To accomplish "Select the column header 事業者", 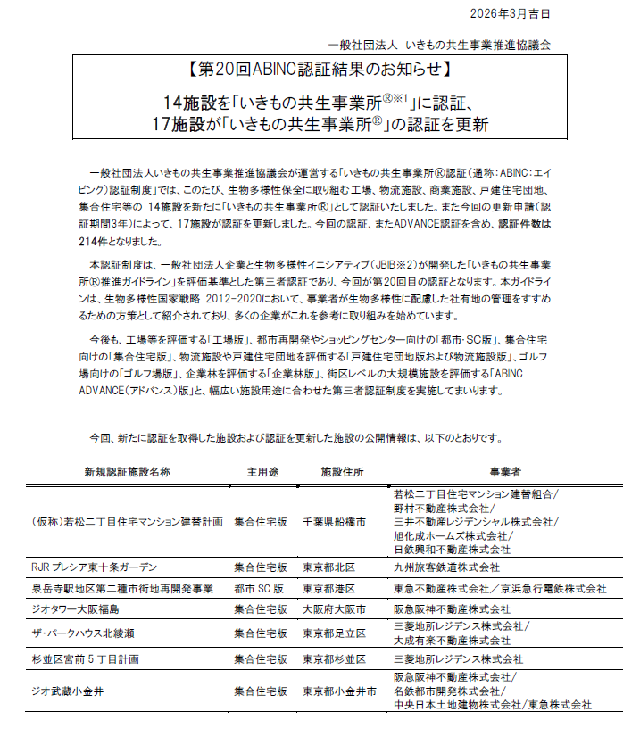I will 505,471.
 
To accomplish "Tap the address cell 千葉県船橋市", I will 334,522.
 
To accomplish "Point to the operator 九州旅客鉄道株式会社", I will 446,567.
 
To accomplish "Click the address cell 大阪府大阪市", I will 334,610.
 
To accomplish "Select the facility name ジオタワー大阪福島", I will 75,610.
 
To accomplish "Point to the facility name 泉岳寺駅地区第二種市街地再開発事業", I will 121,589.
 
